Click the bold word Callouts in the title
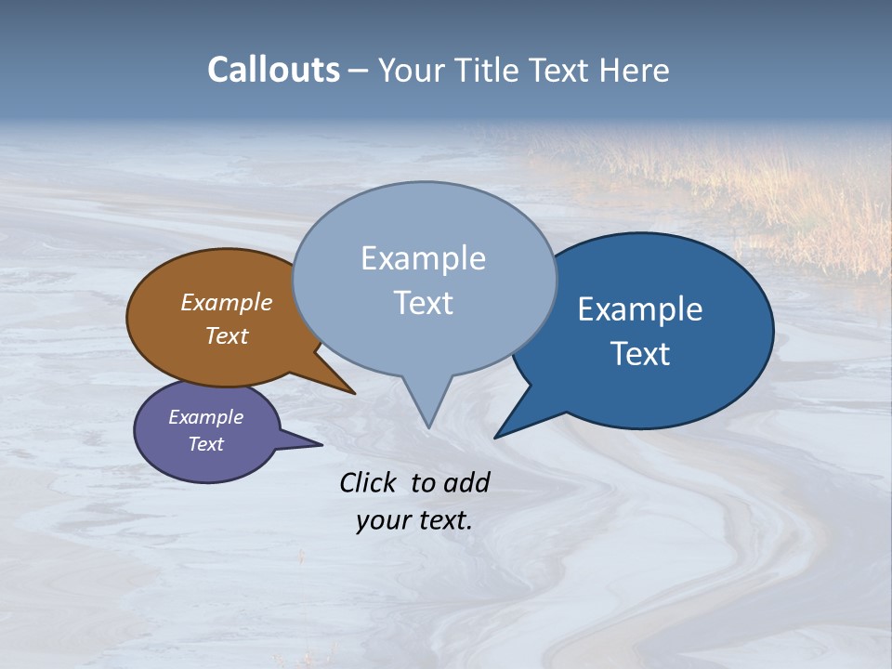click(x=273, y=70)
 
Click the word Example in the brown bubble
click(x=226, y=302)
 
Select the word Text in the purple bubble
click(x=205, y=444)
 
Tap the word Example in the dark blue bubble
click(x=640, y=309)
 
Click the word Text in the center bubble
click(x=424, y=303)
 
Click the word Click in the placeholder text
click(x=368, y=482)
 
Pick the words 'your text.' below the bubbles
click(x=414, y=520)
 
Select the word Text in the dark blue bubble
click(x=641, y=354)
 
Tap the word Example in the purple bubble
click(x=205, y=417)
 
